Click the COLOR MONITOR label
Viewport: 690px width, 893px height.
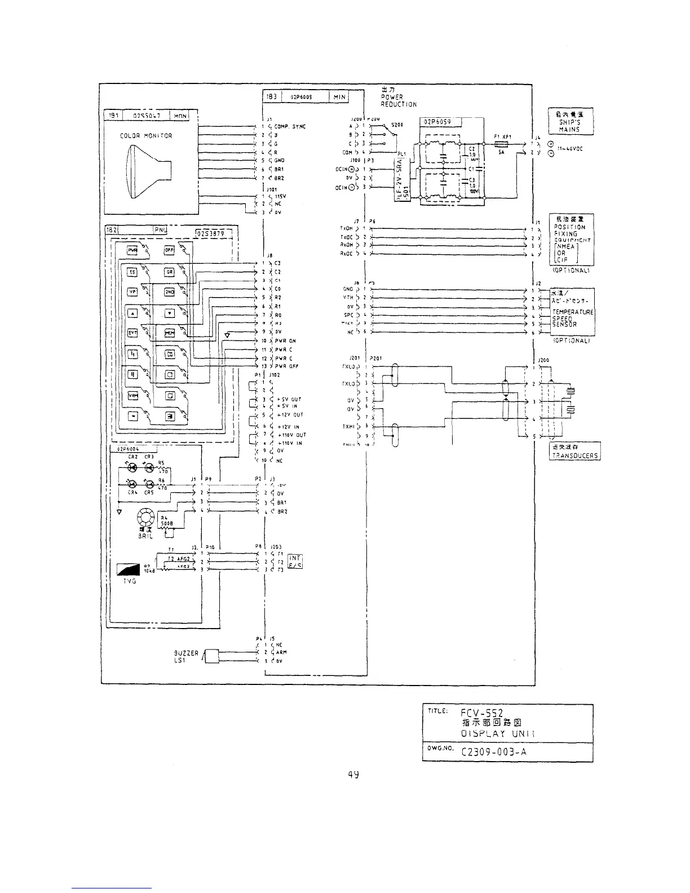(x=146, y=136)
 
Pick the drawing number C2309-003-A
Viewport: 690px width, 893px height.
(x=494, y=751)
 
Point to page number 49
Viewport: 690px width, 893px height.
(x=353, y=774)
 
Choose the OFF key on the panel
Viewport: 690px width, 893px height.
(x=169, y=250)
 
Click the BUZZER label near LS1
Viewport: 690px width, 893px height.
(x=186, y=653)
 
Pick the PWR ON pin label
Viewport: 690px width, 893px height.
(x=285, y=341)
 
